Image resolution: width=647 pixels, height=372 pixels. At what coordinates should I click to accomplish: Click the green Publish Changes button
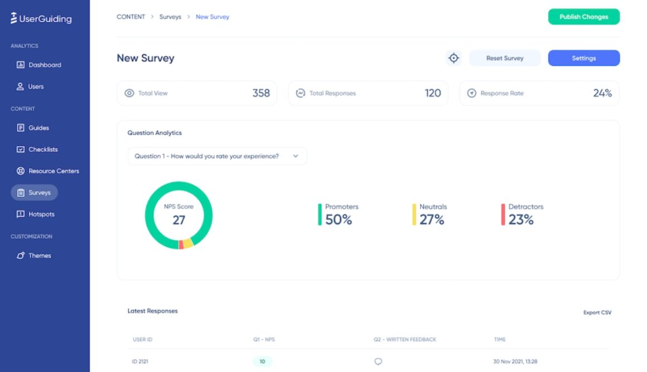coord(583,17)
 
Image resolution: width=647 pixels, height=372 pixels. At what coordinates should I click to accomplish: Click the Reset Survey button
coord(504,58)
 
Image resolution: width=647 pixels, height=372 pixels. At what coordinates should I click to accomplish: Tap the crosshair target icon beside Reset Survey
coord(454,58)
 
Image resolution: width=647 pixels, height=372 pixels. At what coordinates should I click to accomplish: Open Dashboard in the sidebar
coord(45,65)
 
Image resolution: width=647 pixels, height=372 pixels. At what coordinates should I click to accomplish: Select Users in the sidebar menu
coord(36,86)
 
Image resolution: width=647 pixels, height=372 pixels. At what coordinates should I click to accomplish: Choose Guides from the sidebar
coord(38,128)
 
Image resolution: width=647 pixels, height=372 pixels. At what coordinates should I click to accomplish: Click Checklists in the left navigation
coord(43,149)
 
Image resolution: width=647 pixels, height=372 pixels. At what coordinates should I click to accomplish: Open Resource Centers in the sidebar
coord(54,171)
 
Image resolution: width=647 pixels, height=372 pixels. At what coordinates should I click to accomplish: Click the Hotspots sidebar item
coord(41,214)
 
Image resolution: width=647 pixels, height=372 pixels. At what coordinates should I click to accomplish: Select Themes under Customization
coord(40,255)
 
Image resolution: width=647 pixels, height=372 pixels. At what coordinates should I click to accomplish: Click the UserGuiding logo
coord(41,18)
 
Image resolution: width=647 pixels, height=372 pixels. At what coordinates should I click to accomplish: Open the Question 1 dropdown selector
coord(217,156)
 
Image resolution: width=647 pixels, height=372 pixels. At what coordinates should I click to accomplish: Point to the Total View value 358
coord(260,93)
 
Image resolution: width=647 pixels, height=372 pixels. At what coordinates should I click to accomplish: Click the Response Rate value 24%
coord(602,93)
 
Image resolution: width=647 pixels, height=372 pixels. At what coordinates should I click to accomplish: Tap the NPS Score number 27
coord(178,220)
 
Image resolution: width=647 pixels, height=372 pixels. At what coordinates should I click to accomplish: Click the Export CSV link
coord(597,312)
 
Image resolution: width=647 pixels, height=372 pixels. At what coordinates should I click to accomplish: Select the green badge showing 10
coord(262,361)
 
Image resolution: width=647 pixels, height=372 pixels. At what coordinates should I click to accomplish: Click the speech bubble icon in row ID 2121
coord(378,361)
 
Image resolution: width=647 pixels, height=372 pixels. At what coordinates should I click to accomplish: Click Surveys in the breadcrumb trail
coord(170,17)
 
